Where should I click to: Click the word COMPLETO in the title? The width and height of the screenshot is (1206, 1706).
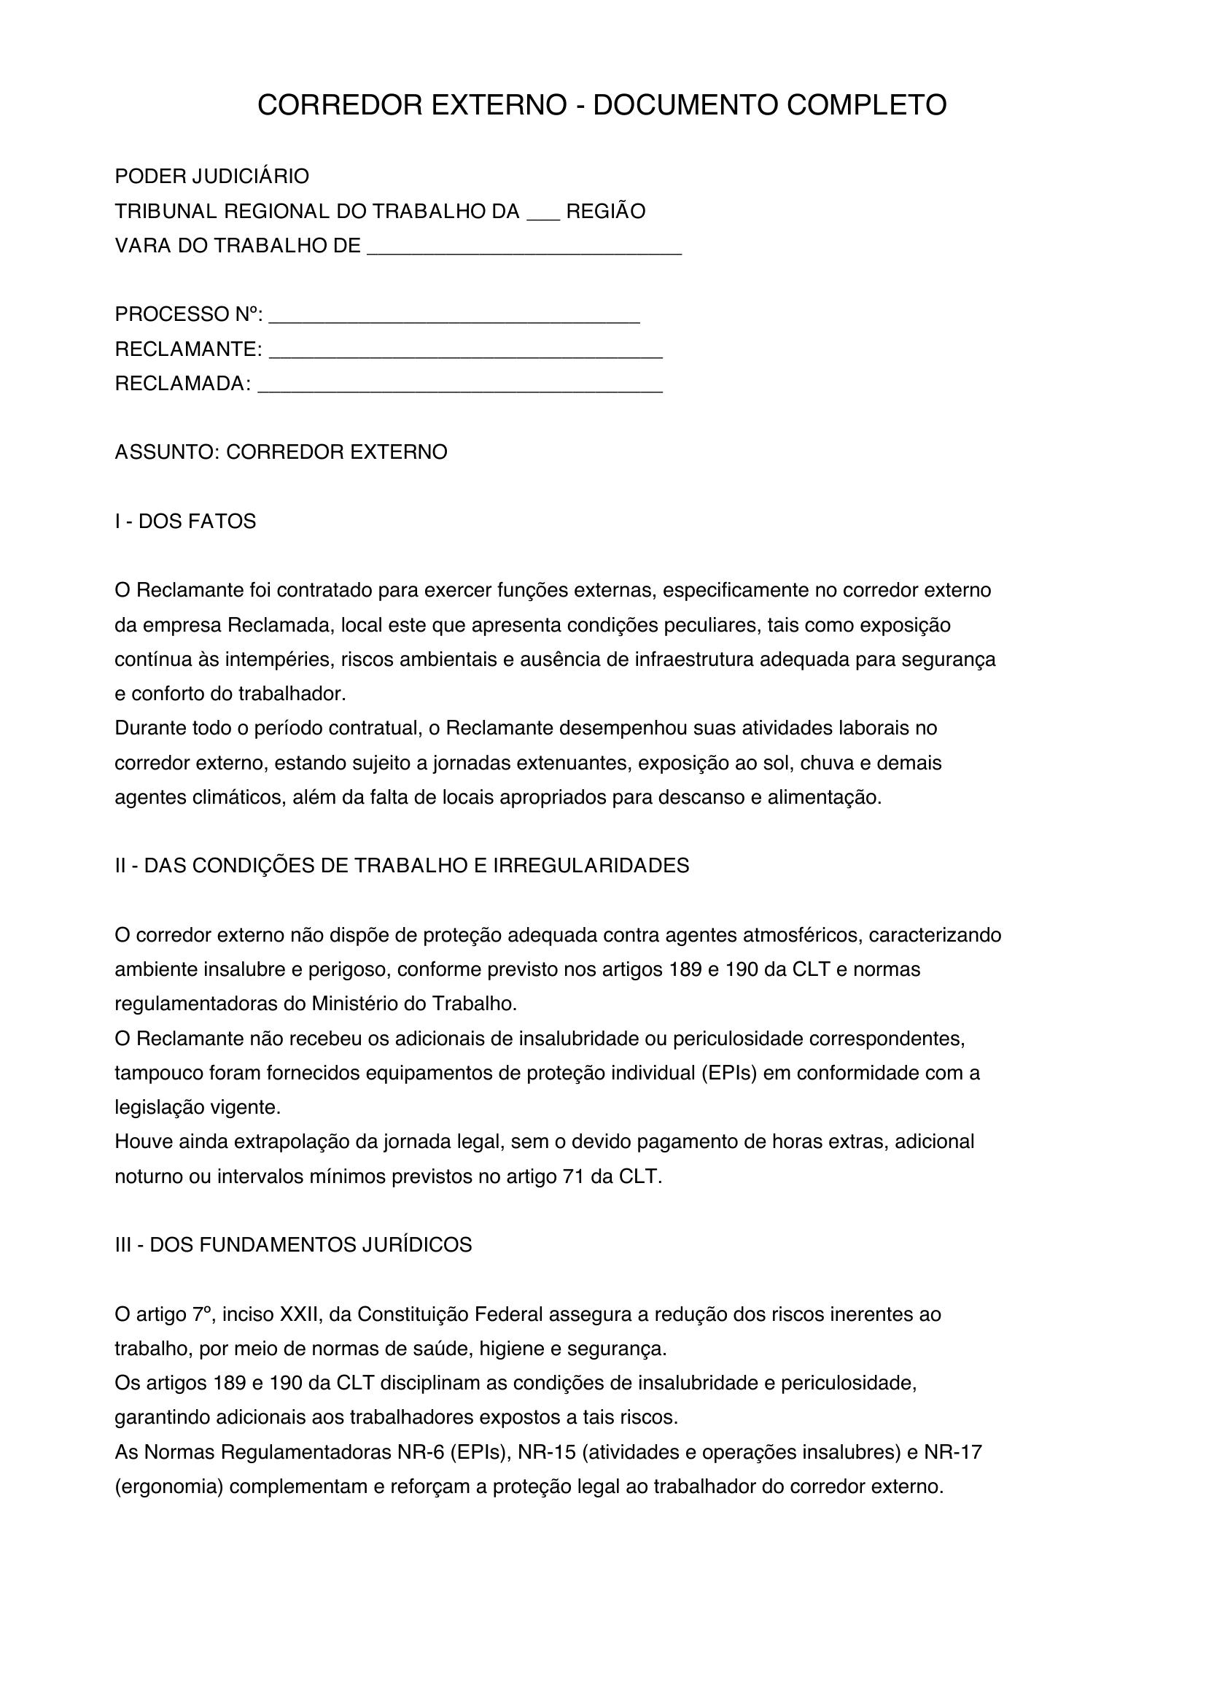(867, 106)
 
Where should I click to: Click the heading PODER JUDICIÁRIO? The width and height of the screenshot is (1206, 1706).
(211, 177)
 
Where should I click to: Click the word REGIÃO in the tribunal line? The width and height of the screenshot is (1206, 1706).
(605, 212)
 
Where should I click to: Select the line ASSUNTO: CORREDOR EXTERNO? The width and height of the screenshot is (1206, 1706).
(281, 451)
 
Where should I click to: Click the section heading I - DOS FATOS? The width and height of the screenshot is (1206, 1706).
(185, 522)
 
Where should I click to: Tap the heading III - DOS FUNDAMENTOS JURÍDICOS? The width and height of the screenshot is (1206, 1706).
(293, 1245)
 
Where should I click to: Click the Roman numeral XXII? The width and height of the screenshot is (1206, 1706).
(299, 1314)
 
